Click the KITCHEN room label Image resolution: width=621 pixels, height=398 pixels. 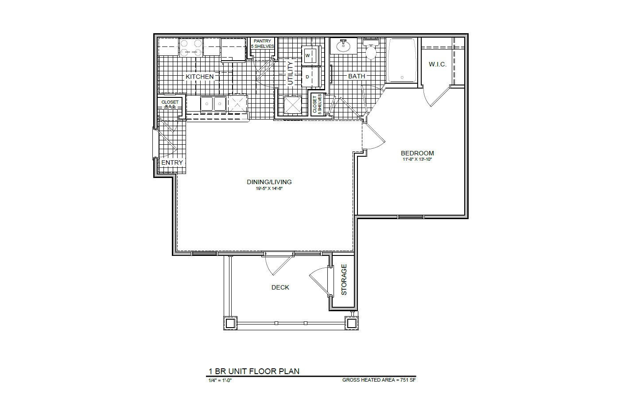pos(199,77)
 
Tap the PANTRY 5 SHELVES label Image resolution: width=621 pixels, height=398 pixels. pos(262,44)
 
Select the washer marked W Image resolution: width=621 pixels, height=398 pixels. pos(307,55)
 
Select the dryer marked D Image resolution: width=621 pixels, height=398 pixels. pos(307,77)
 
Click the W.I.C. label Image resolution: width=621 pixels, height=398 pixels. pos(437,65)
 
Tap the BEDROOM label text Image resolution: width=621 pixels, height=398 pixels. pos(417,153)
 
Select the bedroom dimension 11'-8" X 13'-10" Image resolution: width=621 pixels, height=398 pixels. pos(417,159)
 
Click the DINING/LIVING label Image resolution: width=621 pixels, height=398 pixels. pos(269,182)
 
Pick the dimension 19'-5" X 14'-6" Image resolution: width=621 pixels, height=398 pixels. pos(269,188)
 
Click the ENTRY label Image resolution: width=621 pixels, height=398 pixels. pos(172,162)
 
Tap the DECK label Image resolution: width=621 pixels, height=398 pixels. pos(280,287)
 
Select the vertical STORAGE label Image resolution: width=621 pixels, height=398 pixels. pos(344,280)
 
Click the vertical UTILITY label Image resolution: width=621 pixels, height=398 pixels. pos(291,73)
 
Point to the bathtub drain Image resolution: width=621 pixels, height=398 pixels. pos(402,77)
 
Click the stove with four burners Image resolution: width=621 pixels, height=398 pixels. pos(191,47)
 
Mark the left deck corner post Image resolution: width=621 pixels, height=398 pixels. pos(230,323)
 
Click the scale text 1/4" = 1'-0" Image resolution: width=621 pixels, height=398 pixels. pos(220,380)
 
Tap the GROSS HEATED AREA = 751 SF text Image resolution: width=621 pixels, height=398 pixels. pos(379,380)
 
